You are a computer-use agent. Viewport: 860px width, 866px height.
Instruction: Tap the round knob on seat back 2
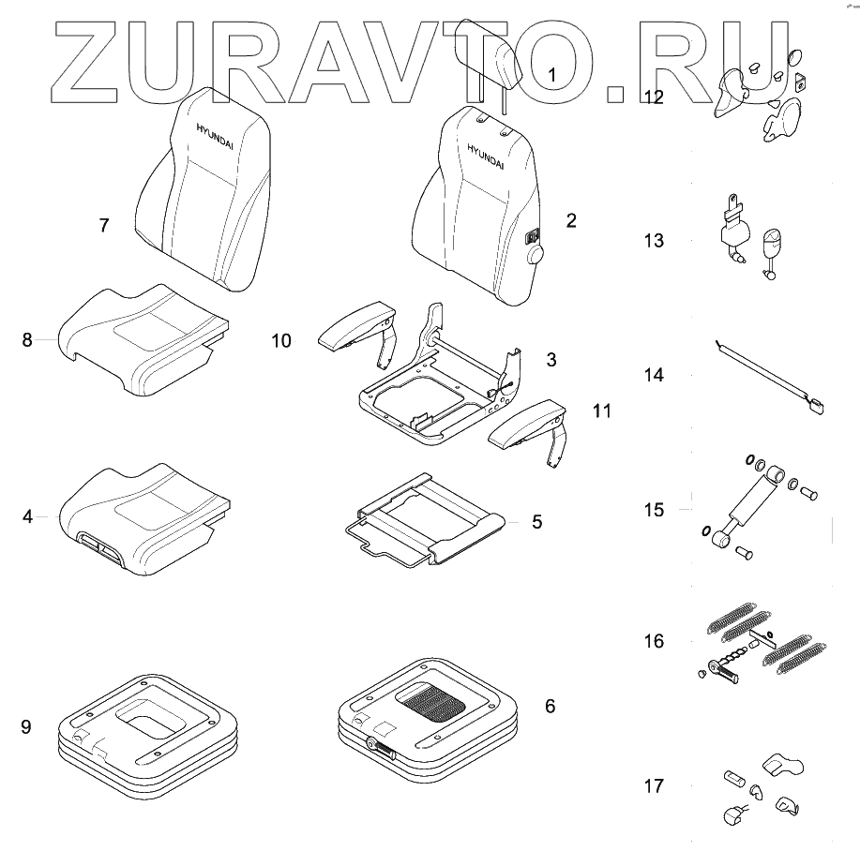[x=536, y=255]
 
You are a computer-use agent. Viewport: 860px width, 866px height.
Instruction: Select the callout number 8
[x=27, y=340]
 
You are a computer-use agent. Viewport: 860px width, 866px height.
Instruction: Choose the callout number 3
[x=551, y=360]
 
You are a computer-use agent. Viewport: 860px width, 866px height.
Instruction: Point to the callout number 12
[x=654, y=97]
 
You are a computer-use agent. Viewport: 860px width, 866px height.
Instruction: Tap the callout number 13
[x=653, y=241]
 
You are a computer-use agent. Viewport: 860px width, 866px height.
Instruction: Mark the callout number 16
[x=653, y=642]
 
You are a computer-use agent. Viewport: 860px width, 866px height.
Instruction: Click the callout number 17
[x=653, y=786]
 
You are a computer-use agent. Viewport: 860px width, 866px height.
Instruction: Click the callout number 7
[x=104, y=225]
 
